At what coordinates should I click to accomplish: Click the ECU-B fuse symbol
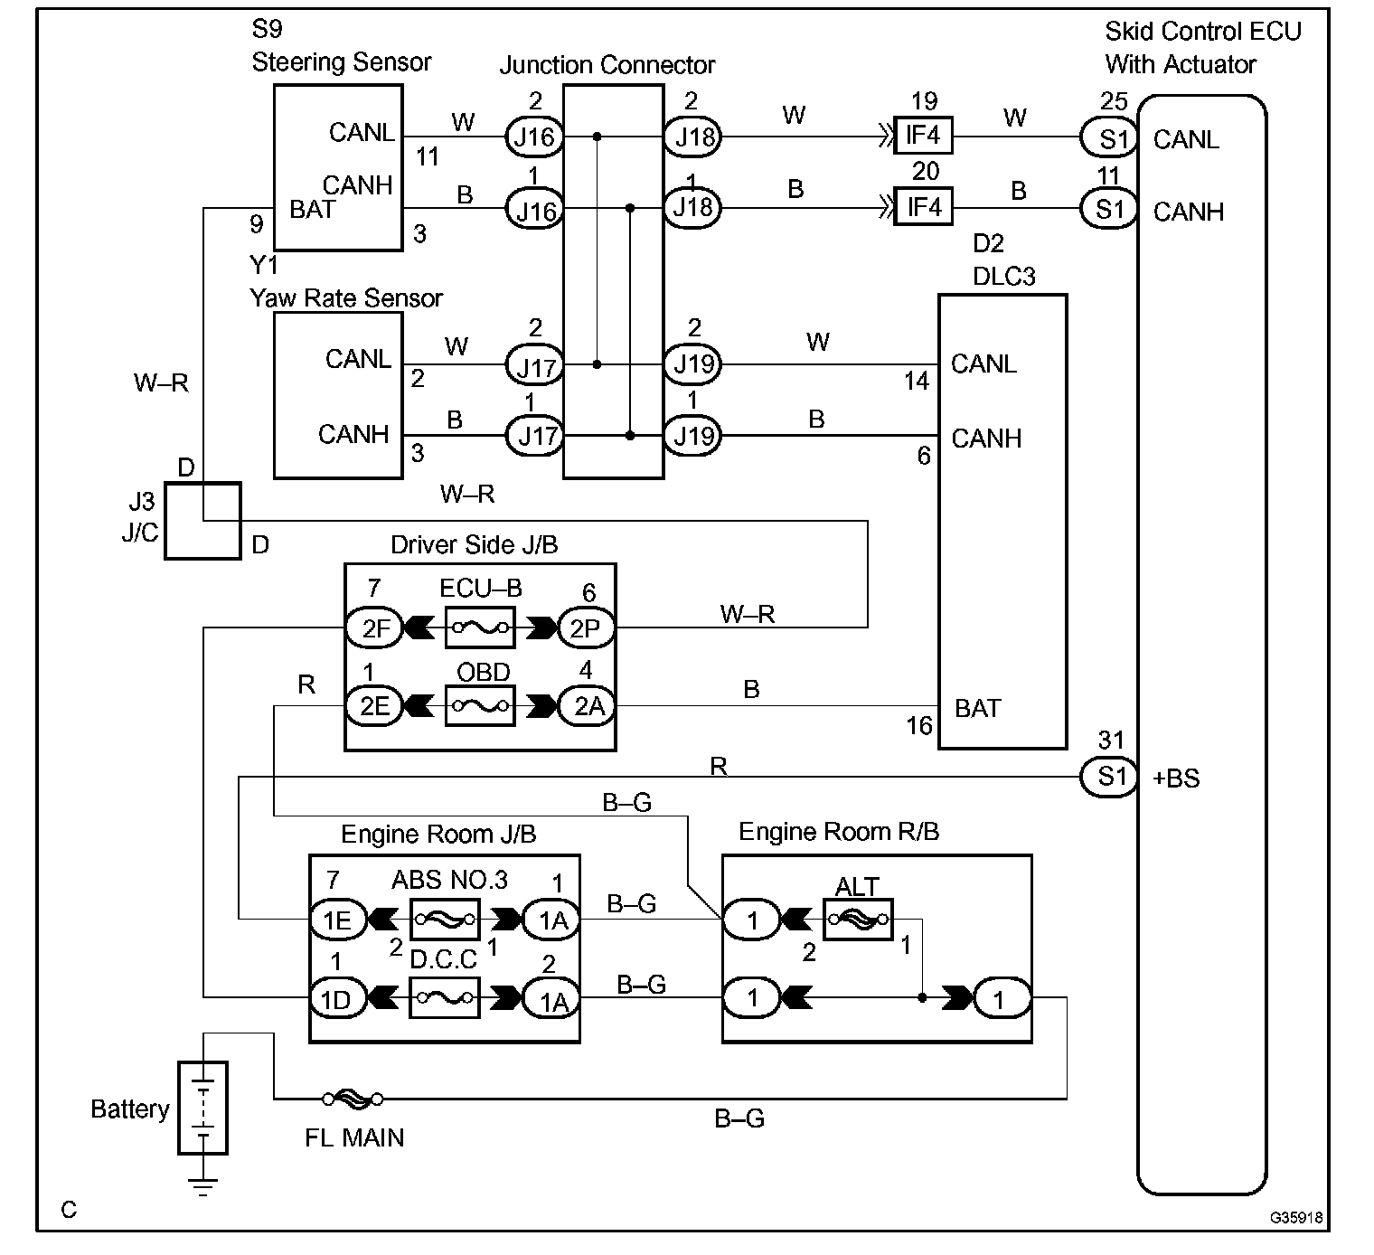[479, 627]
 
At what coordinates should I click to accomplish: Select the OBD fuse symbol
[479, 705]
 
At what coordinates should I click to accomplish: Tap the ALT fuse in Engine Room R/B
[858, 920]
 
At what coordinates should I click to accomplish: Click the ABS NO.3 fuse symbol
[445, 920]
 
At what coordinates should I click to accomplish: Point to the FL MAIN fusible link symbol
[353, 1099]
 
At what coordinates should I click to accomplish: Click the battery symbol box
[202, 1109]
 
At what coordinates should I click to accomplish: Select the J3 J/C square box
[202, 521]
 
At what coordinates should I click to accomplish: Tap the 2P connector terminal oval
[587, 627]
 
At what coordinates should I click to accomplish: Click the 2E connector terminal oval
[374, 705]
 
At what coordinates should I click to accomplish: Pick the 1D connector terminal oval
[338, 997]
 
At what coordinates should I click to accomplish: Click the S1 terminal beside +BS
[1109, 777]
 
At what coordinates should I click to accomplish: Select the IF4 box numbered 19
[923, 136]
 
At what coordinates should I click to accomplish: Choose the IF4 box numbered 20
[923, 206]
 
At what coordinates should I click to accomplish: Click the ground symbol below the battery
[202, 1186]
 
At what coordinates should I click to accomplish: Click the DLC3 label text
[1004, 276]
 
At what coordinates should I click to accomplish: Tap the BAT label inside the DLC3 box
[978, 708]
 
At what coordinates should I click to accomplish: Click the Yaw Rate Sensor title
[346, 298]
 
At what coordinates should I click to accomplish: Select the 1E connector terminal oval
[338, 920]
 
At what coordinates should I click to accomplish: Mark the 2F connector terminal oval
[374, 627]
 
